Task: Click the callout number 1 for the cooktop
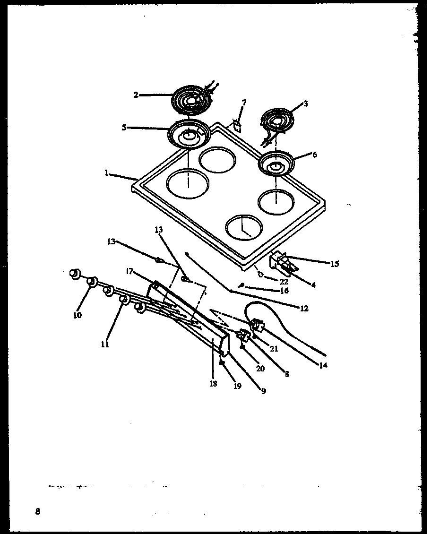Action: [107, 173]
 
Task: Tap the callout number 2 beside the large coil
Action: [136, 95]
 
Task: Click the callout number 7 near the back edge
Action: [244, 103]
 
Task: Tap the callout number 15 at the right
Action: [335, 264]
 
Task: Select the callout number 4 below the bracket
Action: [313, 284]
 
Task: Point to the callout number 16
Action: [284, 291]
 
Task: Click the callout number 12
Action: [304, 309]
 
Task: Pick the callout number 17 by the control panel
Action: [129, 271]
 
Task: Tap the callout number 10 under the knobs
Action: [78, 315]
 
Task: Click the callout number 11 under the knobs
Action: [105, 345]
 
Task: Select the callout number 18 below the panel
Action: [213, 383]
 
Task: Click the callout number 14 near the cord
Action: [323, 365]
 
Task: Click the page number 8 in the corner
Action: [37, 511]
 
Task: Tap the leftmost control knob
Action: [74, 274]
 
